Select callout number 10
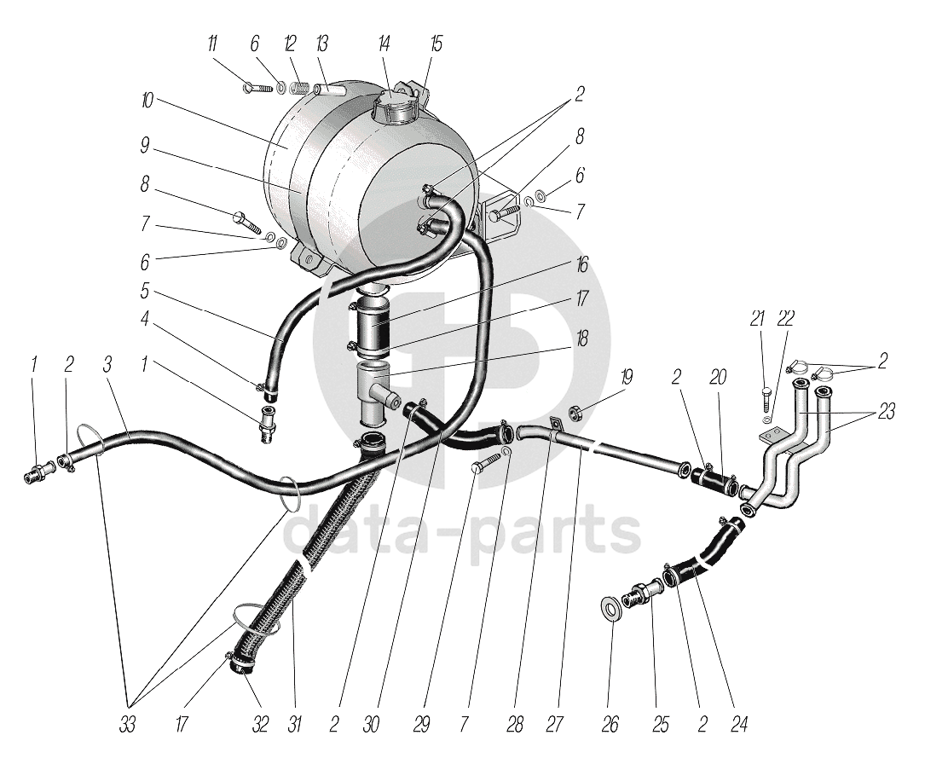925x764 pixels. (x=147, y=101)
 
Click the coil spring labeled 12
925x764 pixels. (x=298, y=87)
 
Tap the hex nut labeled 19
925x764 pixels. (x=575, y=414)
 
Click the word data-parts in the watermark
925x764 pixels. (x=461, y=530)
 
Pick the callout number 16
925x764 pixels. (x=582, y=266)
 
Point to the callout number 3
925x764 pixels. (x=107, y=365)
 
